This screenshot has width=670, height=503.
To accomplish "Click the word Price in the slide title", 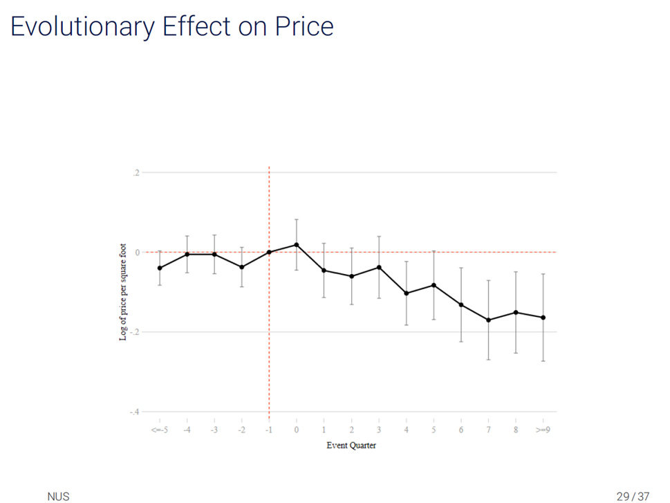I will [304, 26].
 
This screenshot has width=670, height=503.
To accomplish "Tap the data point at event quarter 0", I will [296, 245].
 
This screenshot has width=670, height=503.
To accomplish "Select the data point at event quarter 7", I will [488, 320].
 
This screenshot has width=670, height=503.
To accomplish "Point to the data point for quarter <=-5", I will [160, 268].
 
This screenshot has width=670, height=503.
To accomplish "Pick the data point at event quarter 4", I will [406, 293].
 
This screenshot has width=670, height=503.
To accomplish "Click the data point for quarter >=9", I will [543, 318].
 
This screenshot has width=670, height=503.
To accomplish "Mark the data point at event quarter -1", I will [269, 252].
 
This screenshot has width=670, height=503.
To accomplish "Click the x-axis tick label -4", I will [187, 430].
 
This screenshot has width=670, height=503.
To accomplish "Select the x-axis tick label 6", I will [460, 430].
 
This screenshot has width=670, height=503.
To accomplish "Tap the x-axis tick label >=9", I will [543, 430].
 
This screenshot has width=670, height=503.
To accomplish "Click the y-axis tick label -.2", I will [136, 332].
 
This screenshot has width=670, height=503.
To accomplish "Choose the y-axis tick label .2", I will [137, 172].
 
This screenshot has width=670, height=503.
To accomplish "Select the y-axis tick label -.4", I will [136, 412].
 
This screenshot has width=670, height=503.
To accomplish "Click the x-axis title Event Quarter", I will [351, 446].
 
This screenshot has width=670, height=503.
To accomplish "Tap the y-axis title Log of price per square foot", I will [123, 291].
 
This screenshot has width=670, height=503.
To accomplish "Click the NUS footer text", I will [58, 495].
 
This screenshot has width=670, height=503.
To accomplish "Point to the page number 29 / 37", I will [633, 495].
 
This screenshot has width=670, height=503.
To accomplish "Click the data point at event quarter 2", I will [351, 276].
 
